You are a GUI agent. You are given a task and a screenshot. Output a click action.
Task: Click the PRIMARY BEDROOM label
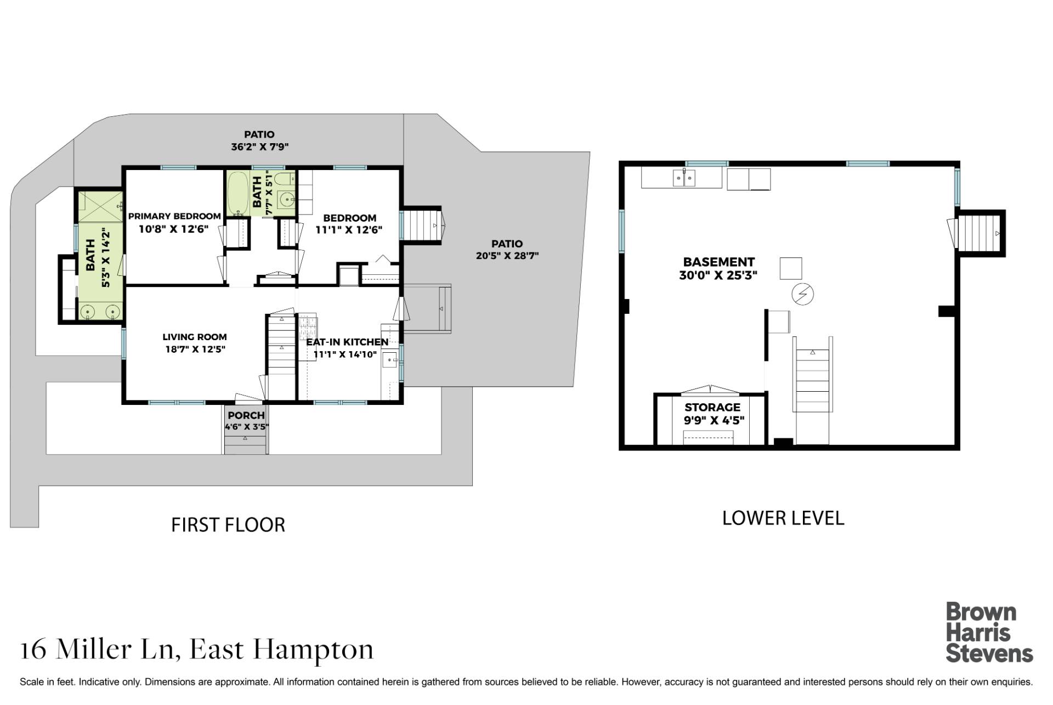[x=174, y=216]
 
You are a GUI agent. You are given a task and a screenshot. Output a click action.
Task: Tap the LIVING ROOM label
[x=194, y=337]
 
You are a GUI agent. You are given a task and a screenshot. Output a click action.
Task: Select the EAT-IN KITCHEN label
[x=347, y=342]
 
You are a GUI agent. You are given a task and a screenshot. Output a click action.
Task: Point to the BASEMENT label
[x=718, y=262]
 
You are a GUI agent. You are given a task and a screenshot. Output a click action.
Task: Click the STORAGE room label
[x=712, y=407]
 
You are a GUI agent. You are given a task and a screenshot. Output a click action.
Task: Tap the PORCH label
[x=246, y=415]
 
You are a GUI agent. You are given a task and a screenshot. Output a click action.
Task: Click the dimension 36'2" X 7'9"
[x=259, y=146]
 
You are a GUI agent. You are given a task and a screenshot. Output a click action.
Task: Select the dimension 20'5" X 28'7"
[x=507, y=256]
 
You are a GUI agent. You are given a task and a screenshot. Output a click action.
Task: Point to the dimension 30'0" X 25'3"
[x=718, y=275]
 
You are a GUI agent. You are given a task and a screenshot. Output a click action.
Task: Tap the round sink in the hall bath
[x=286, y=199]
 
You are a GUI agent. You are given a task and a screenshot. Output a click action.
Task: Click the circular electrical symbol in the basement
[x=802, y=295]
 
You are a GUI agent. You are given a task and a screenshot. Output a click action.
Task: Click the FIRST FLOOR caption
[x=228, y=525]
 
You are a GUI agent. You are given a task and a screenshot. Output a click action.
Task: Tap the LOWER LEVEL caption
[x=783, y=518]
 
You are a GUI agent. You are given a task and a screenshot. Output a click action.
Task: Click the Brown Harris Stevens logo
[x=989, y=633]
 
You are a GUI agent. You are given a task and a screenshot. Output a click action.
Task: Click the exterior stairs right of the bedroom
[x=421, y=225]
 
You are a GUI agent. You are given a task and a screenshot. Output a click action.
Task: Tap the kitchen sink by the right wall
[x=390, y=361]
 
